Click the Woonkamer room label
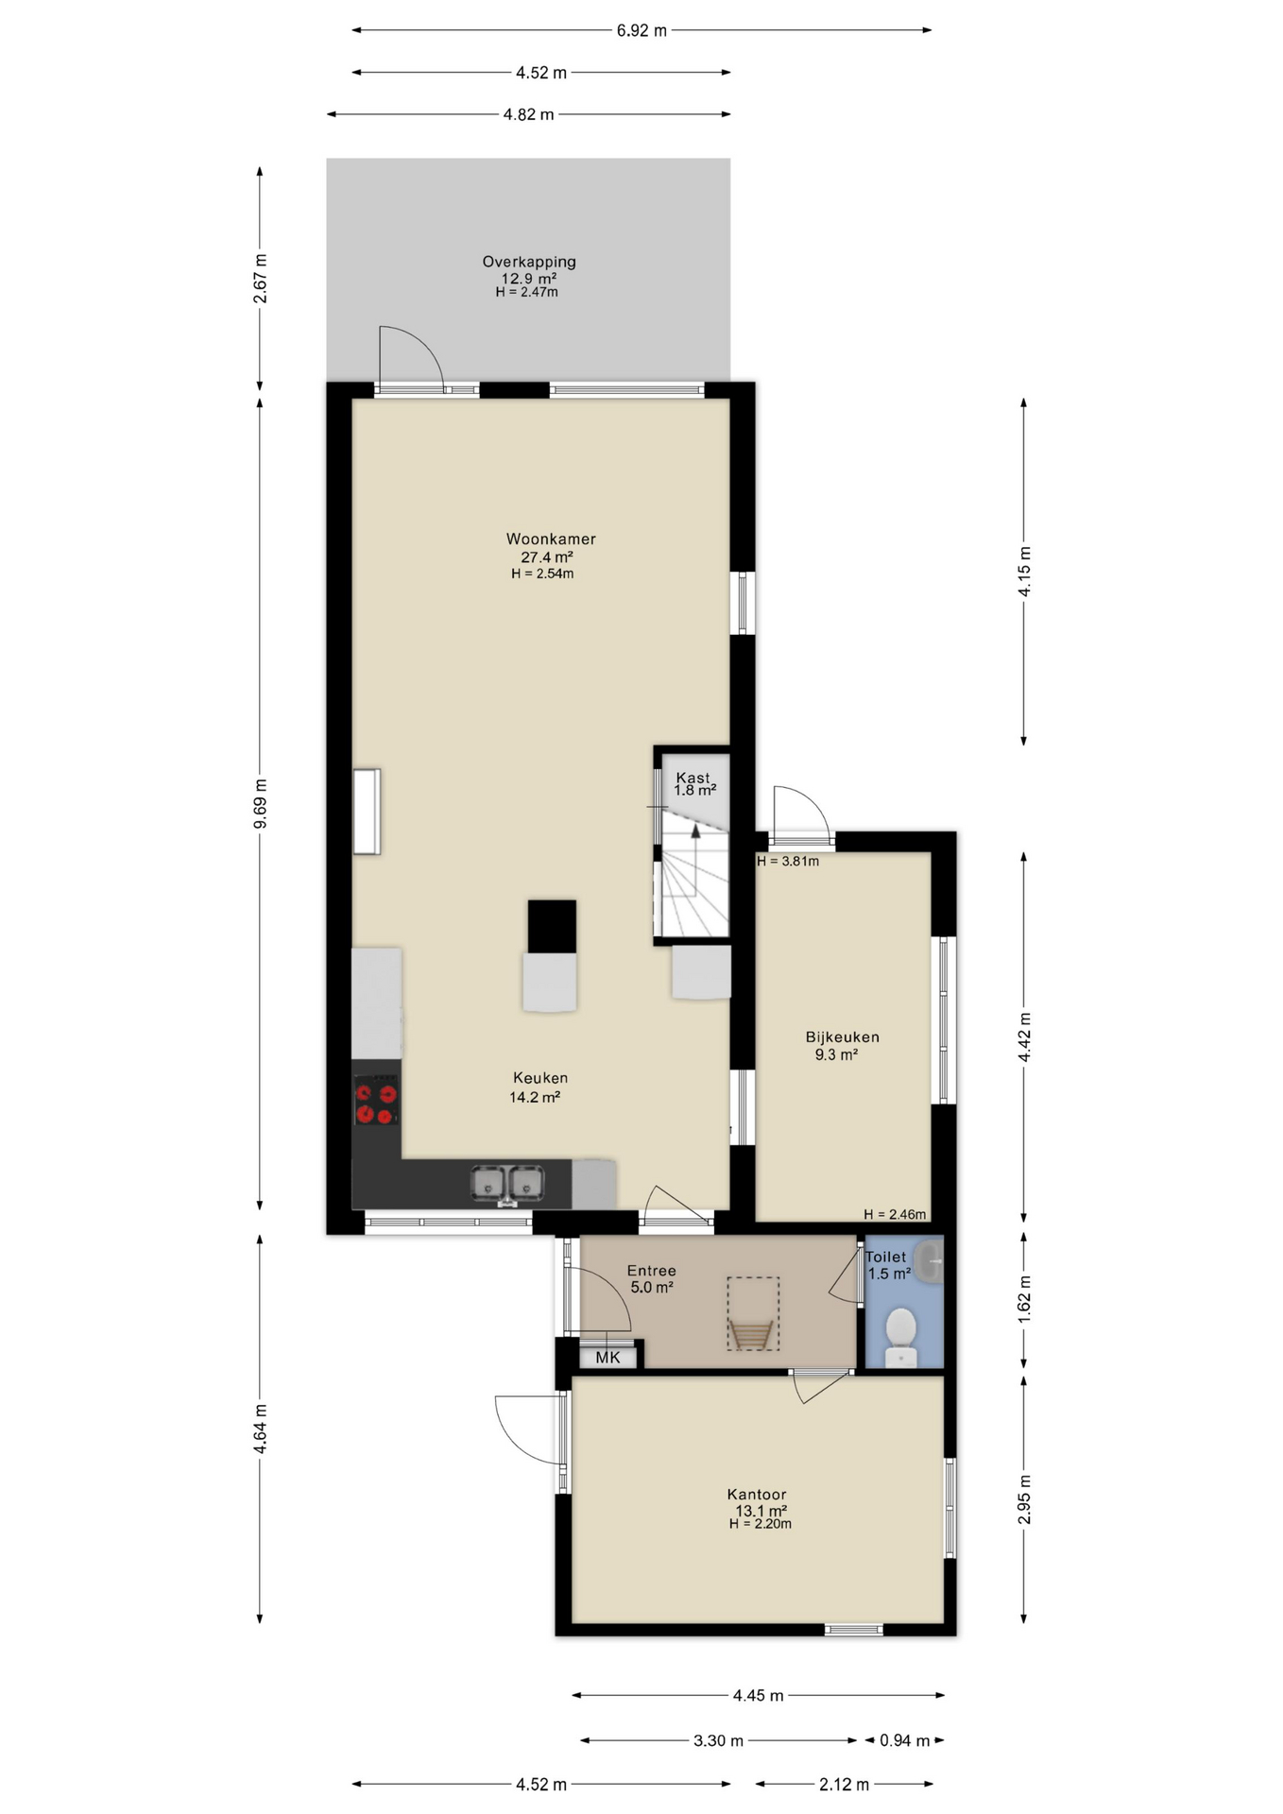551,539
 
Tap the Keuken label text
540,1078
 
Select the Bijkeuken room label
842,1036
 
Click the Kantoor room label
757,1495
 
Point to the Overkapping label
529,262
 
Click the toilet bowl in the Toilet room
901,1333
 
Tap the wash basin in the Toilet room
930,1262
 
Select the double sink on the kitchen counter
507,1184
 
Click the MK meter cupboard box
608,1358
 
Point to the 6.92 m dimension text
641,30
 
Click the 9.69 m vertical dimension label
261,804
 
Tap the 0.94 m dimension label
904,1740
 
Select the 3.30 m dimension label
718,1740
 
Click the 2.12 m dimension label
844,1785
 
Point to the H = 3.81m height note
788,861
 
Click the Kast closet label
693,779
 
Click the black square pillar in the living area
552,926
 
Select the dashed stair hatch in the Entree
753,1313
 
